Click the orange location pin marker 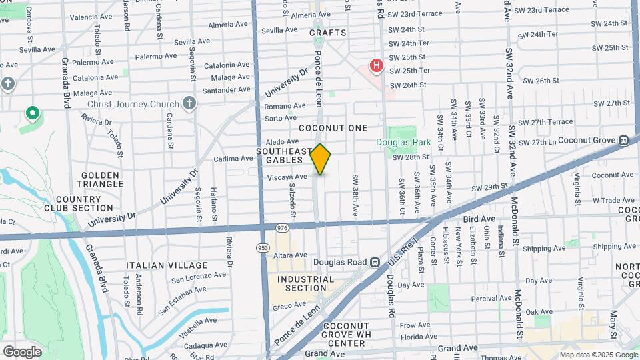[x=321, y=159]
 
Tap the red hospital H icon [x=377, y=66]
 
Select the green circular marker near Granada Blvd [x=32, y=114]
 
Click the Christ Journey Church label [x=133, y=104]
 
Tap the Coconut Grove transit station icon [x=624, y=140]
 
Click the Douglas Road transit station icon [x=375, y=262]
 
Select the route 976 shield [x=282, y=228]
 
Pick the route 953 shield [x=263, y=247]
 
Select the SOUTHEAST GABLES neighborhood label [x=284, y=155]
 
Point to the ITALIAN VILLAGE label [x=167, y=265]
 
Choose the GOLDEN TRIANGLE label [x=102, y=179]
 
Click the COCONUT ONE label [x=333, y=127]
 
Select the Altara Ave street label [x=290, y=255]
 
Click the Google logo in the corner [x=22, y=351]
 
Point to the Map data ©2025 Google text [x=599, y=355]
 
